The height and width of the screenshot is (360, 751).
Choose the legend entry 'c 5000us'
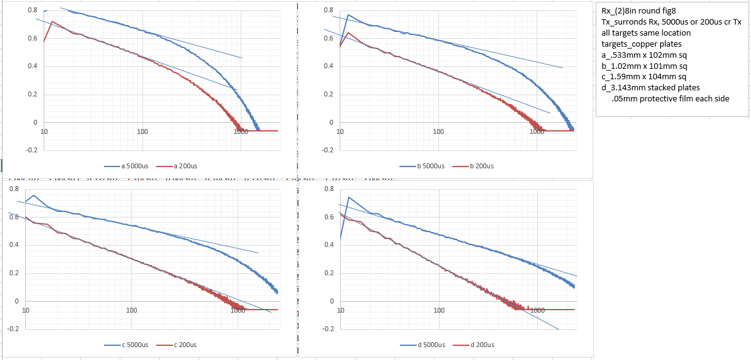[x=134, y=345]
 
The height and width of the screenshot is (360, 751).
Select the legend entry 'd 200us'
[x=483, y=345]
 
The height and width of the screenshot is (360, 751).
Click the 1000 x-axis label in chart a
[x=241, y=131]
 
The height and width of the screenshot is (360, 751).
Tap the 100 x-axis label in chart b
[x=438, y=131]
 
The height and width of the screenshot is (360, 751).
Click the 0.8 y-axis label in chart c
[x=14, y=189]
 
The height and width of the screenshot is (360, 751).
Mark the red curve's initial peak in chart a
[x=52, y=22]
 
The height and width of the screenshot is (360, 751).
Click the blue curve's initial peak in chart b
[x=348, y=15]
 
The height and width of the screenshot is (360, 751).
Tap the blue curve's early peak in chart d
[x=348, y=197]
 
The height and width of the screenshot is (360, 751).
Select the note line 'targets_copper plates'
[x=642, y=44]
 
